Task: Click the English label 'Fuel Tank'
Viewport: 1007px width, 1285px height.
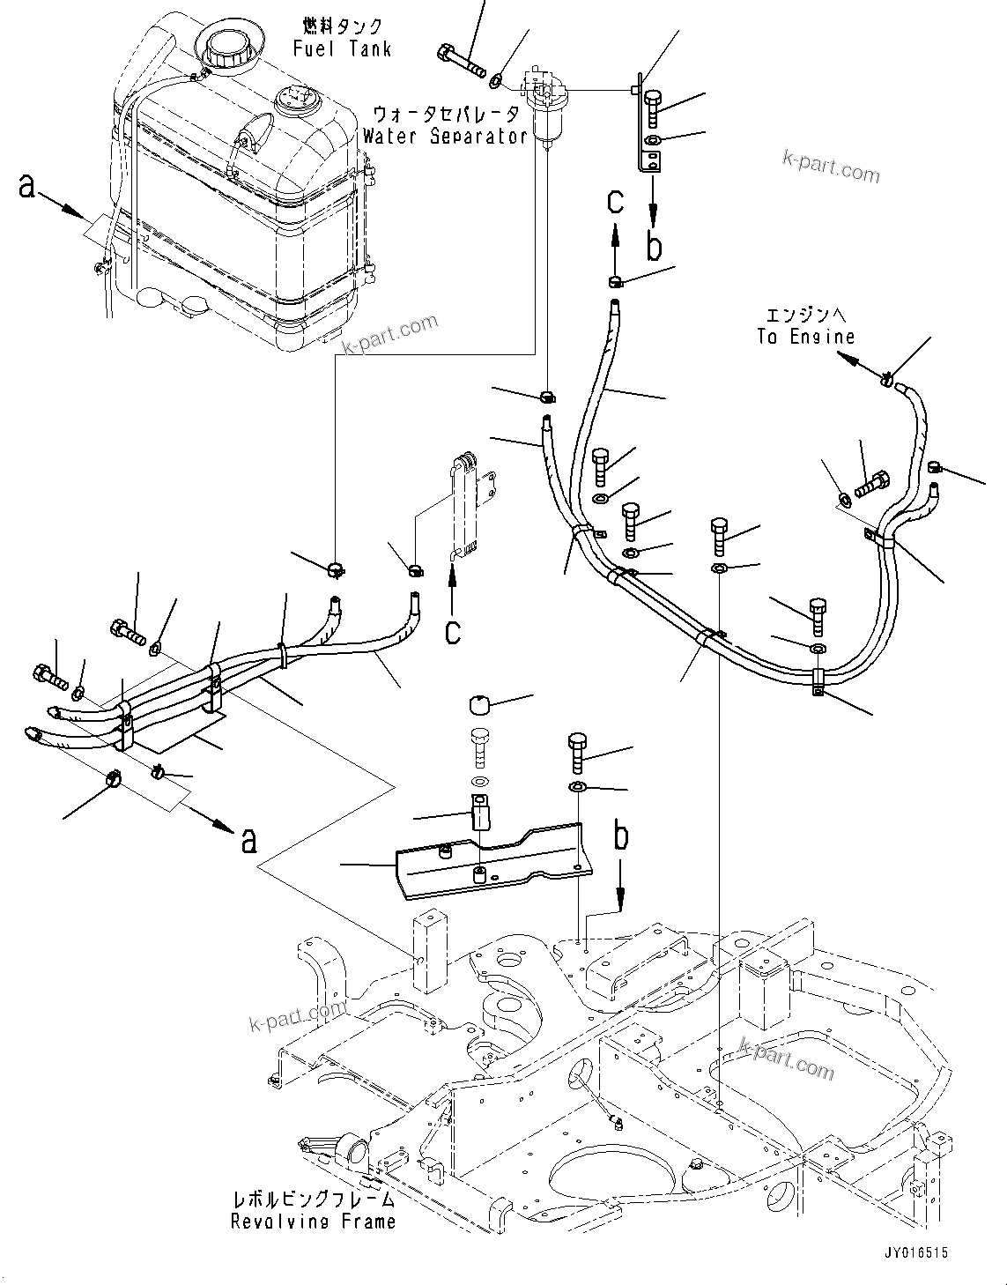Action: click(342, 49)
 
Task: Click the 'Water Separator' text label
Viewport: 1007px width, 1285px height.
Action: click(445, 137)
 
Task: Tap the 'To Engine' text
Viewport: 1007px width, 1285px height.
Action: click(805, 337)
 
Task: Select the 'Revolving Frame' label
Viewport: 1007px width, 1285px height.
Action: click(313, 1222)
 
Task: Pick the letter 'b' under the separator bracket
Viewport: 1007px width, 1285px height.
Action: click(653, 246)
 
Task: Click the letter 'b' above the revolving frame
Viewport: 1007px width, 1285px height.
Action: click(622, 836)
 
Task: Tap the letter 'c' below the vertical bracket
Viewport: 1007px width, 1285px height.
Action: click(452, 632)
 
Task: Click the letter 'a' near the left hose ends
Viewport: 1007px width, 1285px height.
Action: click(248, 841)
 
